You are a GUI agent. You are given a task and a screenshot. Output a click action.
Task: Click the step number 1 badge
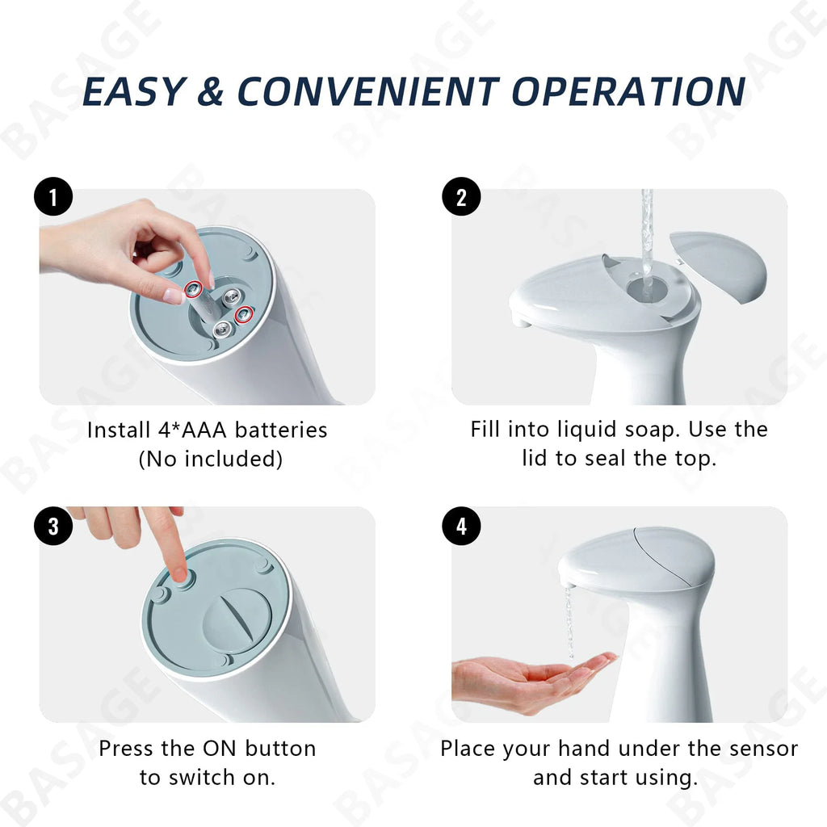coord(54,198)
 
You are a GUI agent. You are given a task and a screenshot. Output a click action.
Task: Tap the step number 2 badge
coord(461,198)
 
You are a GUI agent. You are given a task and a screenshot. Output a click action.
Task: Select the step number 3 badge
coord(54,527)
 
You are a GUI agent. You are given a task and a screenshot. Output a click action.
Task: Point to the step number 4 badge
coord(461,527)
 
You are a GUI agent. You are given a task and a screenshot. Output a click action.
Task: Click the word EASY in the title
coord(134,91)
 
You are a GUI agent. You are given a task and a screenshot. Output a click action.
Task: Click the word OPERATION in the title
coord(628,91)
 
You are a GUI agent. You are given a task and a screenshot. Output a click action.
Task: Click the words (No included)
coord(211,459)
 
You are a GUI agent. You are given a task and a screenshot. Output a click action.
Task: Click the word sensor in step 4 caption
coord(755,748)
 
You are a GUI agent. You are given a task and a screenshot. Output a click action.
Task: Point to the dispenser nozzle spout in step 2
coord(522,320)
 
